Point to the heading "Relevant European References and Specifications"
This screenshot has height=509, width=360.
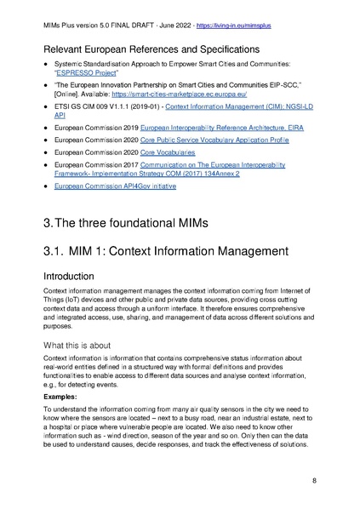(x=152, y=48)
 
